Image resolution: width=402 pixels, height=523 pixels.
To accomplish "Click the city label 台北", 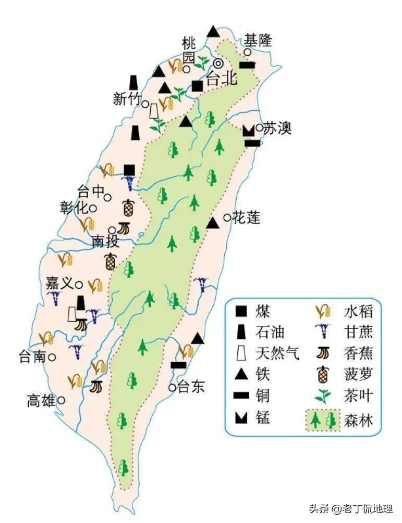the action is [222, 79].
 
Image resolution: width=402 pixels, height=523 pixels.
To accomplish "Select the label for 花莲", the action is [246, 218].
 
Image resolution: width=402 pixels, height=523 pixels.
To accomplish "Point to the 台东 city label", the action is [191, 387].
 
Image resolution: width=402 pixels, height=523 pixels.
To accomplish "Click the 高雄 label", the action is [41, 401].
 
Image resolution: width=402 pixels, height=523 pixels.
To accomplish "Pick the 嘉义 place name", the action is [59, 284].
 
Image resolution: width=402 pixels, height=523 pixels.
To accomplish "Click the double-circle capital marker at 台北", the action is [219, 63].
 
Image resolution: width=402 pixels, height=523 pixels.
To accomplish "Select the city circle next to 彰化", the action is [93, 208].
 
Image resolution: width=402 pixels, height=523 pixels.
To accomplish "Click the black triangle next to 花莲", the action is [212, 223].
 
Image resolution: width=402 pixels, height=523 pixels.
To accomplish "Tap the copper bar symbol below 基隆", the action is [247, 65].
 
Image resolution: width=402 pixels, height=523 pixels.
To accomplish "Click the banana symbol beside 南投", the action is [123, 228].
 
